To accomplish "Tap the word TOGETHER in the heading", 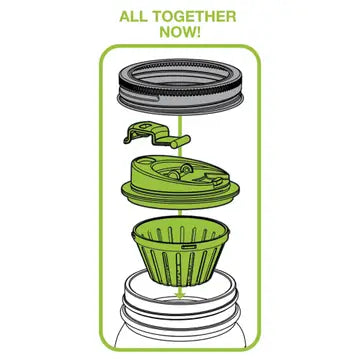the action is point(196,17).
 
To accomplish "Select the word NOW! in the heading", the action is point(180,32).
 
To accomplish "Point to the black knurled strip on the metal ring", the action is point(181,89).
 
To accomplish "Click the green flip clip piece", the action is point(157,135).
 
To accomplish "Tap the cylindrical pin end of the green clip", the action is point(180,141).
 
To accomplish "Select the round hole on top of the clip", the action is point(145,126).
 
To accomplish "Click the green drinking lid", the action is point(180,182).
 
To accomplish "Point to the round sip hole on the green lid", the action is point(145,161).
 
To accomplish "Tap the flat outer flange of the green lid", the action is point(180,197).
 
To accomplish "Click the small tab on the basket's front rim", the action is point(187,246).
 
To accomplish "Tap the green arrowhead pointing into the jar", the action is point(180,294).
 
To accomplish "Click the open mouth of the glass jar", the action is point(180,292).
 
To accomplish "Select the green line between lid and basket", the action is point(180,213).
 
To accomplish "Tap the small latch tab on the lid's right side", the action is point(218,181).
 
